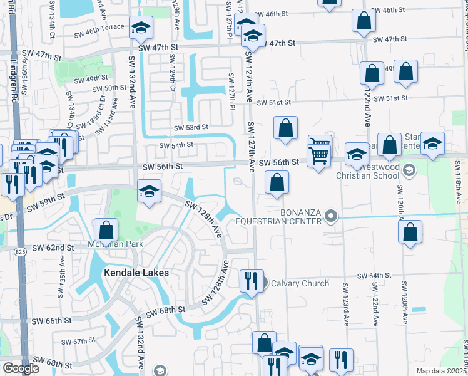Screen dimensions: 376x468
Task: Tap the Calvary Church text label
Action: click(x=300, y=283)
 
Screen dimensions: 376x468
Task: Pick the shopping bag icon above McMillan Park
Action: click(x=106, y=229)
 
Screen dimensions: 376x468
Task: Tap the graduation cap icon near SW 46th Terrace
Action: click(x=141, y=27)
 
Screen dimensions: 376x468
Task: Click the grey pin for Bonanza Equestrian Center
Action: click(x=331, y=217)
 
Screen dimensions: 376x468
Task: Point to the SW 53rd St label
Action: click(x=191, y=127)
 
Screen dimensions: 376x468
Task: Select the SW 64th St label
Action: click(x=374, y=276)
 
